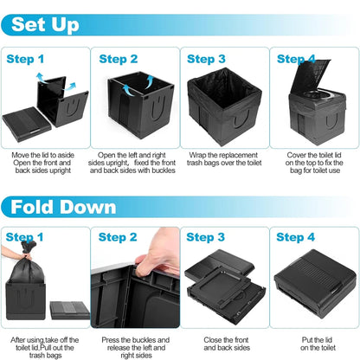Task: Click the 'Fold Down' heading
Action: pos(58,208)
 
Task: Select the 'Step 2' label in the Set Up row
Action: pos(119,60)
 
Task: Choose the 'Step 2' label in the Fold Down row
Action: pos(118,237)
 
